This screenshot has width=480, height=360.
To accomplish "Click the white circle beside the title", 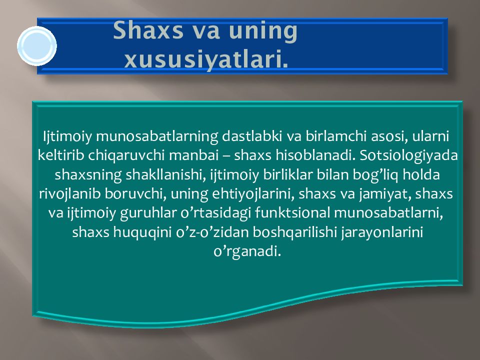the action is pyautogui.click(x=37, y=46).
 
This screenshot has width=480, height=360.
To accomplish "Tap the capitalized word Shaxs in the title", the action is pyautogui.click(x=148, y=30).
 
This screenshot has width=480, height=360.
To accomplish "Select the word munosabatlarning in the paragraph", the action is pyautogui.click(x=157, y=136).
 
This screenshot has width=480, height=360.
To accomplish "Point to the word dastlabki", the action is pyautogui.click(x=251, y=136).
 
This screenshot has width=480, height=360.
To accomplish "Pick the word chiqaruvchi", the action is pyautogui.click(x=126, y=155).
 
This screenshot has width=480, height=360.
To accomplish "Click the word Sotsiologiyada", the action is pyautogui.click(x=408, y=155).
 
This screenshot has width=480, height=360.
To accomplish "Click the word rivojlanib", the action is pyautogui.click(x=70, y=194).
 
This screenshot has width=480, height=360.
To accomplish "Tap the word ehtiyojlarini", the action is pyautogui.click(x=253, y=194).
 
